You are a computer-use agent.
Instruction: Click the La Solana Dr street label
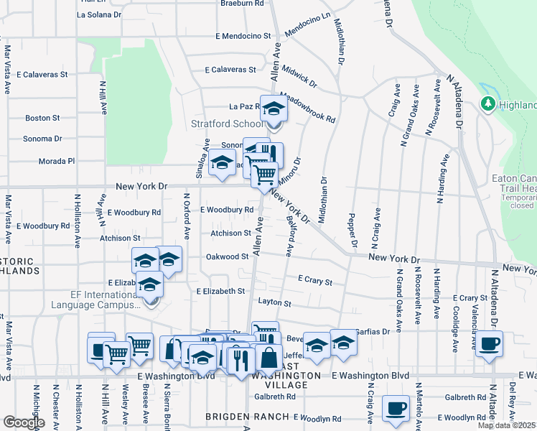point(100,14)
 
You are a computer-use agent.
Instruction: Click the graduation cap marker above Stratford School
point(273,109)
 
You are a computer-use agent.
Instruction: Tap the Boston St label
point(42,118)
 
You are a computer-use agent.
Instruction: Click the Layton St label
point(274,304)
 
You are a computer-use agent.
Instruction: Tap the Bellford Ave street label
point(289,236)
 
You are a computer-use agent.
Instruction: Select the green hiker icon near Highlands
point(489,104)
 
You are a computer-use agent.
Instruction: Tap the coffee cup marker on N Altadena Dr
point(489,343)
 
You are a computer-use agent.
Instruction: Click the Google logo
point(24,422)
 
